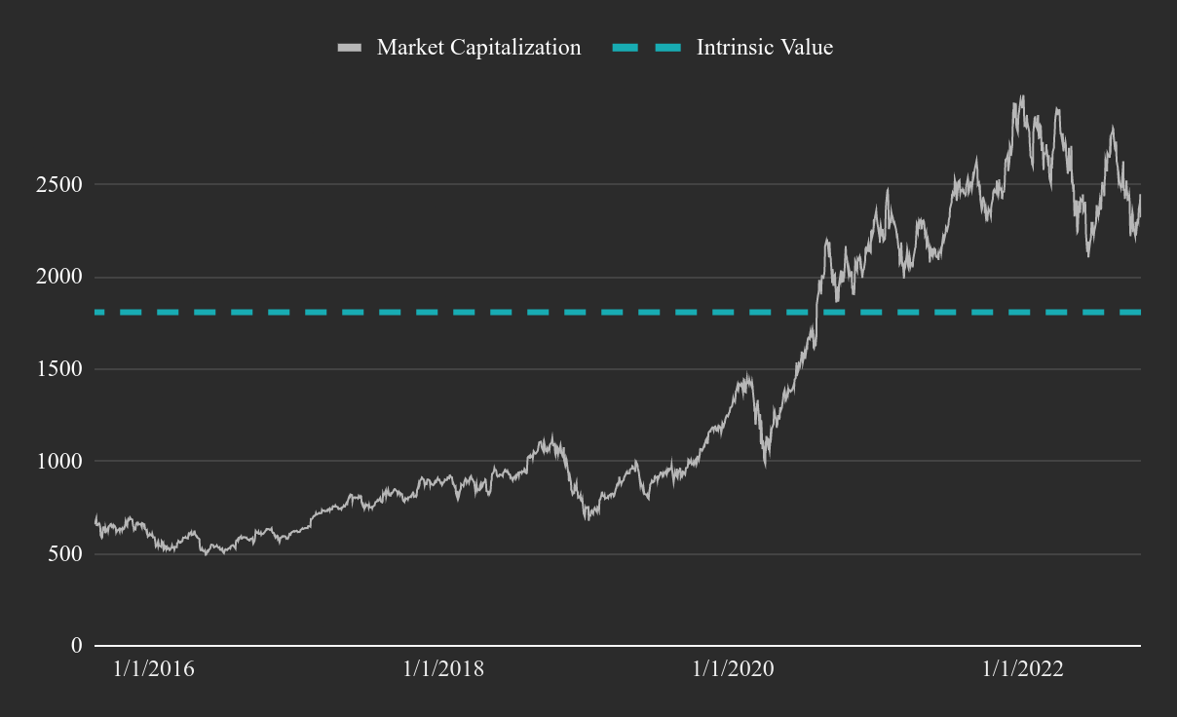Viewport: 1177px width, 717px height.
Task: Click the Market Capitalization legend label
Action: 478,47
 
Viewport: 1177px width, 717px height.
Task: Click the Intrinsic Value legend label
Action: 765,47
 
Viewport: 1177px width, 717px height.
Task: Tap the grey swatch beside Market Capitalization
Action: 349,47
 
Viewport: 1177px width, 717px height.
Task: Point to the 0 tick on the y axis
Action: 77,646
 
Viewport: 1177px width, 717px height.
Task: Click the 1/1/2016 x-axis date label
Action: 154,670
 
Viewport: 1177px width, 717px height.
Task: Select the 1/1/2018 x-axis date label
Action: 443,670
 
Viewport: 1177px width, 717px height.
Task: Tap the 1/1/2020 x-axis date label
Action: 733,670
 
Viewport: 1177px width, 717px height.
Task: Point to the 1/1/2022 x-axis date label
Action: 1023,670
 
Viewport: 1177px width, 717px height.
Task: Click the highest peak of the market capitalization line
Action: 1021,96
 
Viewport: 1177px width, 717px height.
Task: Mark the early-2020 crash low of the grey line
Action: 766,465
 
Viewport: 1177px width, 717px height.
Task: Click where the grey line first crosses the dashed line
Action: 816,312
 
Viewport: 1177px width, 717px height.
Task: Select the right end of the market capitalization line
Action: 1140,196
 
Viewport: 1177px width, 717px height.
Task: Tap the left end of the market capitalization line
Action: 95,519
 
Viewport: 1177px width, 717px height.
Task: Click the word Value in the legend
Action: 807,47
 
